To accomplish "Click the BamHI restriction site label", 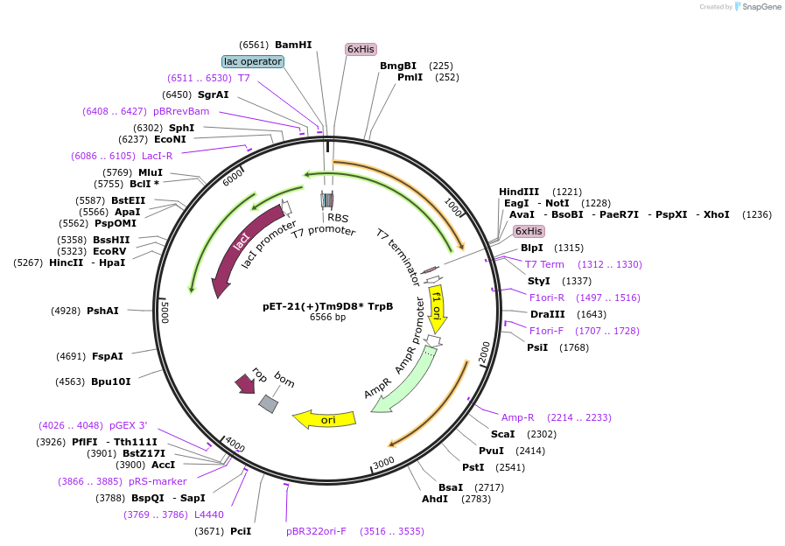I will (292, 45).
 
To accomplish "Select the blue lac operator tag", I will (253, 61).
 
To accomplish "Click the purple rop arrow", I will (244, 382).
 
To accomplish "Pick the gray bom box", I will (268, 403).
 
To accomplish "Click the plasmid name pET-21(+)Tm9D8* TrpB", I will (327, 306).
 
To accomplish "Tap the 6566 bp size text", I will (327, 318).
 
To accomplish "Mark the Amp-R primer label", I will (517, 417).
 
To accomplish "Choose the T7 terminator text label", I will (399, 257).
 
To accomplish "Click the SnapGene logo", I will (757, 6).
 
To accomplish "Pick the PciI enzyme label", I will (241, 531).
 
